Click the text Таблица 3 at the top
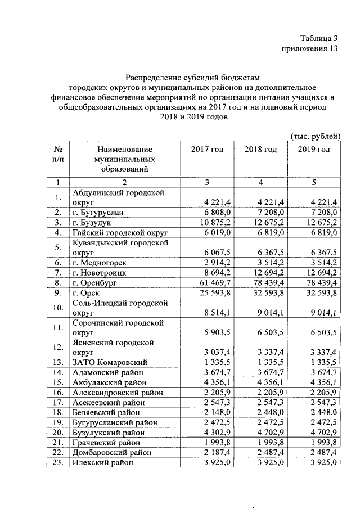coord(319,39)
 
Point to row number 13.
coord(57,362)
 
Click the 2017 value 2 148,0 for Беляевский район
coord(215,412)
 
